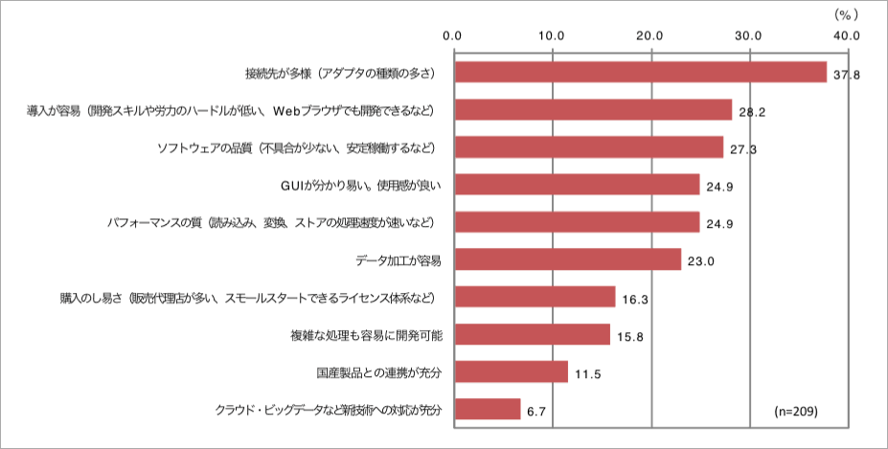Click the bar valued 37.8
tap(640, 72)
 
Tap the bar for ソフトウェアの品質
tap(588, 147)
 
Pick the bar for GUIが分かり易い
tap(577, 185)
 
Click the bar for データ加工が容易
tap(567, 259)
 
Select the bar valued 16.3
tap(534, 297)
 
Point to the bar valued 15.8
tap(532, 334)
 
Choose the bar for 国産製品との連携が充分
tap(511, 371)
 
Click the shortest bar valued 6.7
tap(487, 410)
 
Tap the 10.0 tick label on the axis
tap(552, 35)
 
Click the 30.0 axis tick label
tap(748, 35)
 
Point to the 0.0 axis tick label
tap(453, 35)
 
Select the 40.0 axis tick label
tap(847, 35)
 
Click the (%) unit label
tap(845, 13)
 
